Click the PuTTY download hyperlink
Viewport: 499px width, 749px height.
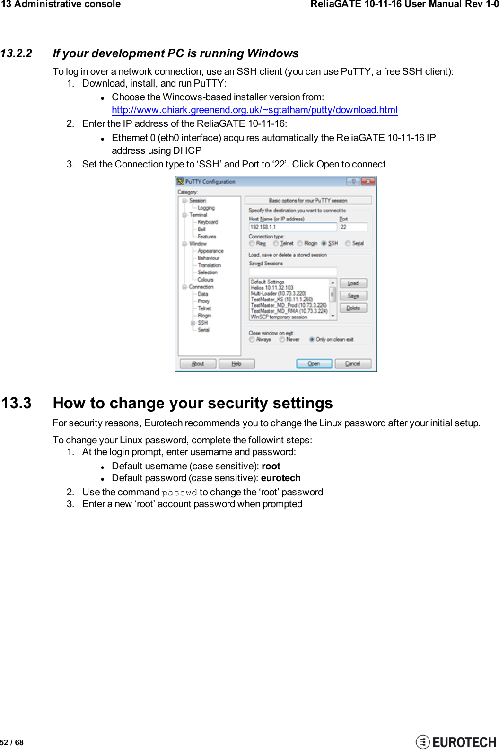pos(254,110)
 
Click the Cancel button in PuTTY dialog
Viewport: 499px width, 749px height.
pos(353,363)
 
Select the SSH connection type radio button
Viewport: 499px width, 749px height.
pos(324,243)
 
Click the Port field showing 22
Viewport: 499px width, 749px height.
pos(352,227)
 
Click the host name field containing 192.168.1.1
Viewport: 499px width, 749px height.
pos(292,227)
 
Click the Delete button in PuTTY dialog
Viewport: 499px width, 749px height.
pos(353,308)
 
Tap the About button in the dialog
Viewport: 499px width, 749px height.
pos(198,363)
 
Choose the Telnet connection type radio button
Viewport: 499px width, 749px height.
pos(276,243)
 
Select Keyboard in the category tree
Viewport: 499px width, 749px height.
pos(208,222)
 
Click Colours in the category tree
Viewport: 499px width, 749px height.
pos(205,280)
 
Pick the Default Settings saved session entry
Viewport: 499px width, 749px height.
pos(267,282)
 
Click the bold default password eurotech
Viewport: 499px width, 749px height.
pos(280,478)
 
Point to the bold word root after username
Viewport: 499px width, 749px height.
pos(271,466)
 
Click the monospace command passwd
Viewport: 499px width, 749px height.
pos(179,493)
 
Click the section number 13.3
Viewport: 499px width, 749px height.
pos(16,403)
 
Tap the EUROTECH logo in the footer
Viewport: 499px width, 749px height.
pos(456,741)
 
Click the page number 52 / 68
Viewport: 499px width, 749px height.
pos(12,742)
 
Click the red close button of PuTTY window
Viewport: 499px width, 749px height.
pos(368,182)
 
